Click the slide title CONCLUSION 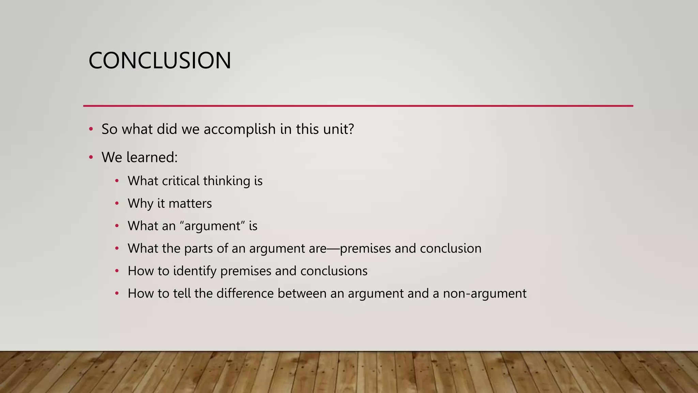click(160, 61)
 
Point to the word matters click(190, 204)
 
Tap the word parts click(198, 249)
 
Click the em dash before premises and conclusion click(333, 249)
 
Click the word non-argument click(485, 294)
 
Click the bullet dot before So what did click(91, 129)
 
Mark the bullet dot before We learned click(91, 157)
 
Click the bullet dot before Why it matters click(117, 204)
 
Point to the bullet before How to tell click(117, 294)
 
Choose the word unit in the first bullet click(335, 129)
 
